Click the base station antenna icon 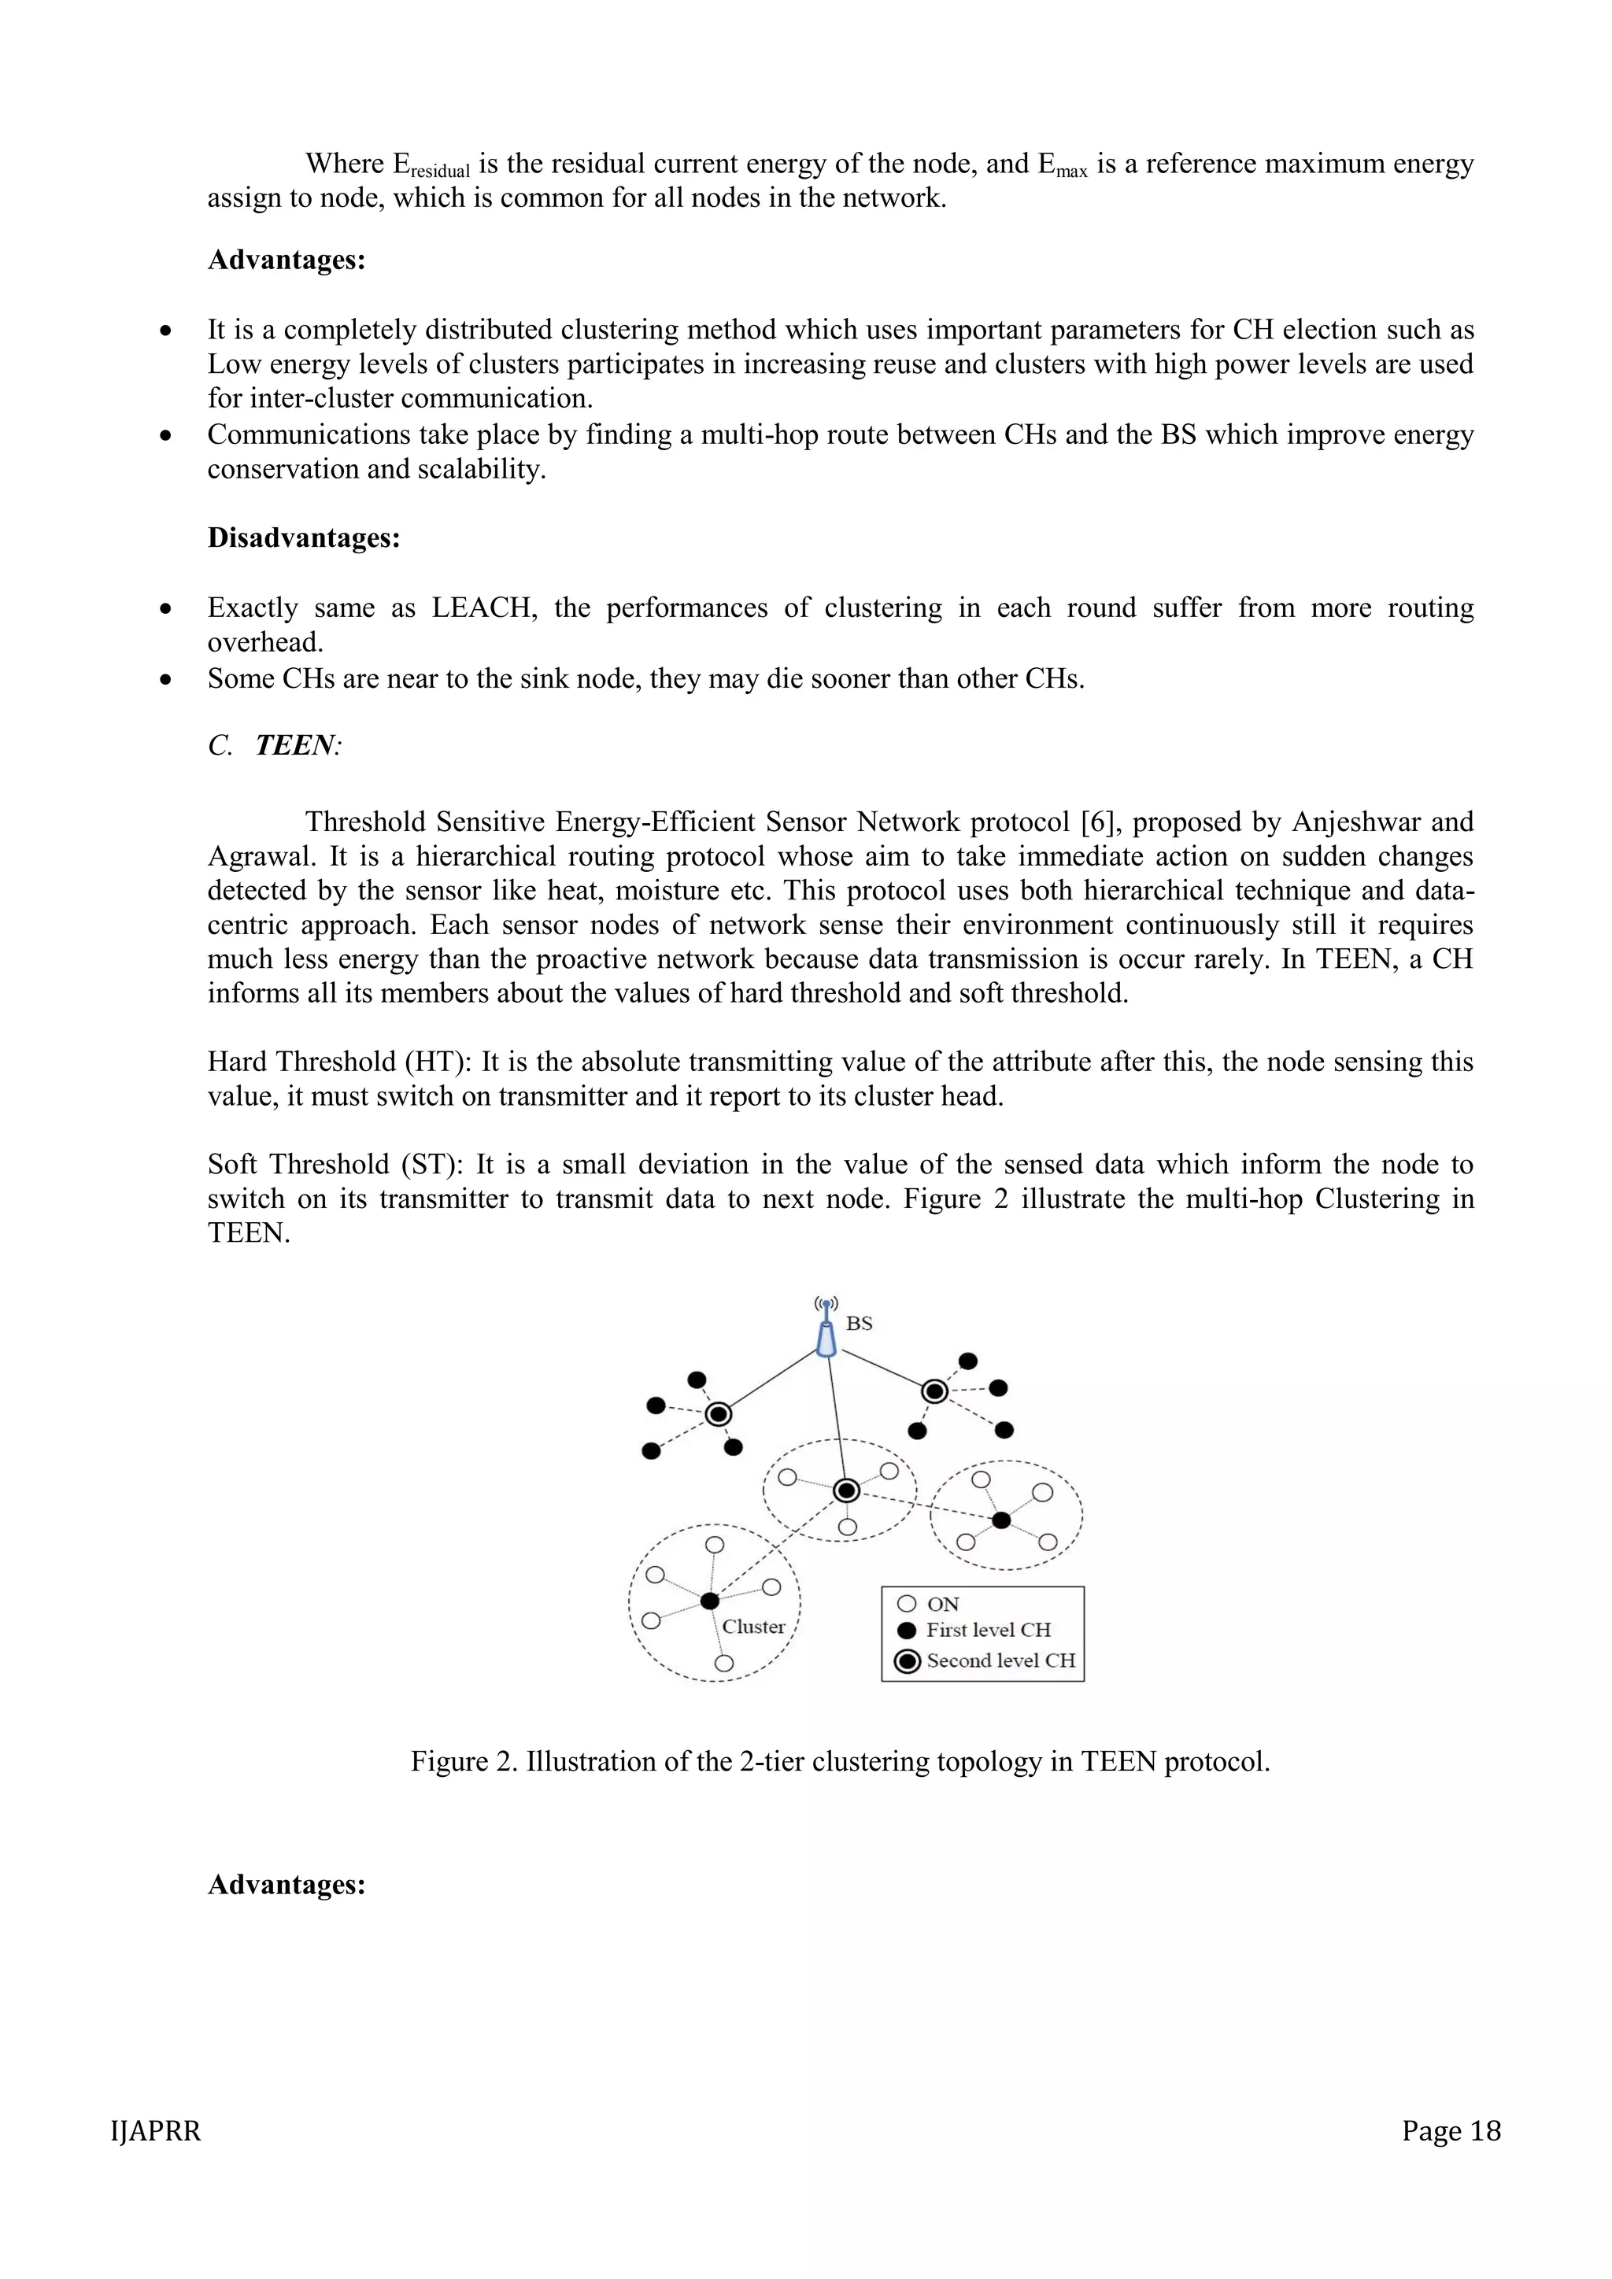826,1328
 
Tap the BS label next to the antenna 860,1323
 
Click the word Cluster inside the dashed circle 753,1627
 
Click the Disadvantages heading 304,538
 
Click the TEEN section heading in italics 296,745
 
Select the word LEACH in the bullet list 484,608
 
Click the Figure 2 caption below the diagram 840,1762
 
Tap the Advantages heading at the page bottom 287,1885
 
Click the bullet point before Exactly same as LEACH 166,608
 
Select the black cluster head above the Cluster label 708,1601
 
